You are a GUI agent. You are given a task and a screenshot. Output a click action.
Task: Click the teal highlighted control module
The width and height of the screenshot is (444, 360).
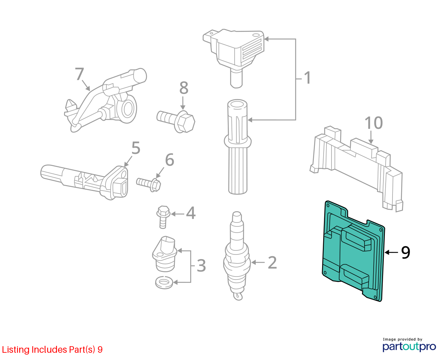(x=353, y=251)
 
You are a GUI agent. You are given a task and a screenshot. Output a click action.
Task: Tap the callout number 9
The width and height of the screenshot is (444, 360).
(x=406, y=253)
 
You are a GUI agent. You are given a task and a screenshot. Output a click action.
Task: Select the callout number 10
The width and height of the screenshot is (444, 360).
(x=374, y=123)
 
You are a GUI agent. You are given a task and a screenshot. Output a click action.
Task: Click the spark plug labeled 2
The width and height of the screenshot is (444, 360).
(x=237, y=256)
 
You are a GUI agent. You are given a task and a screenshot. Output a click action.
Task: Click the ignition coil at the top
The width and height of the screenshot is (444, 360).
(x=234, y=58)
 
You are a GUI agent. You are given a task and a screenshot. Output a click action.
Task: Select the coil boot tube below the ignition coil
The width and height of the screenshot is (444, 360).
(x=238, y=147)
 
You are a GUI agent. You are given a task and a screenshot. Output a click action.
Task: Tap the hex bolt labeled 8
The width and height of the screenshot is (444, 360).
(x=176, y=122)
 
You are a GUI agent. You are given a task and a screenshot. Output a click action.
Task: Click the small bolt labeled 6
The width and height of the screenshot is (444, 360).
(x=149, y=184)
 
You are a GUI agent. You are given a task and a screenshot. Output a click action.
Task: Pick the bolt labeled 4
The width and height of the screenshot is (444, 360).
(x=163, y=217)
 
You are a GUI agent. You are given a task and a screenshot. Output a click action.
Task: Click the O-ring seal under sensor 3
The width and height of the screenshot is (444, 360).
(x=164, y=282)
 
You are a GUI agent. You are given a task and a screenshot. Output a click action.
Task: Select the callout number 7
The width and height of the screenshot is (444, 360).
(x=79, y=74)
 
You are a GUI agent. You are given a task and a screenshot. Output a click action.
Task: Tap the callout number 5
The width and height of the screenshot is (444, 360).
(x=136, y=148)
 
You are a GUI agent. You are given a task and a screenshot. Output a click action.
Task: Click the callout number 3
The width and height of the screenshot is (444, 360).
(x=201, y=266)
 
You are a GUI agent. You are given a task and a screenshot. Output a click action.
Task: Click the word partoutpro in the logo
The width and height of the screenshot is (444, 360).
(x=409, y=347)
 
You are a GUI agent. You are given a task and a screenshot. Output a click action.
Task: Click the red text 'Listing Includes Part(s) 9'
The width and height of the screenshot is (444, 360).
(x=52, y=349)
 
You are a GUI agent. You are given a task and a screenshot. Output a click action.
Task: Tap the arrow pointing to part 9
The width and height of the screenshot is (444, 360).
(x=391, y=252)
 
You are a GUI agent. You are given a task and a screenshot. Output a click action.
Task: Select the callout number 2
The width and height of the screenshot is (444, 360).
(x=272, y=263)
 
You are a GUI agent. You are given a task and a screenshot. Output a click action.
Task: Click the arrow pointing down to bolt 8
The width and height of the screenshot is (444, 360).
(x=183, y=103)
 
